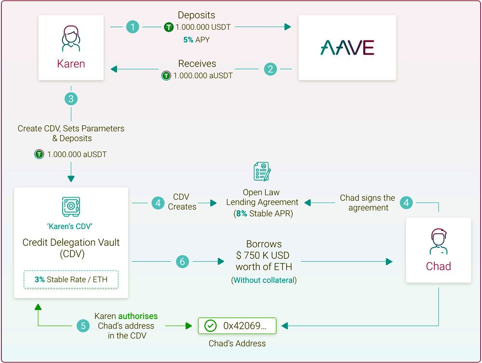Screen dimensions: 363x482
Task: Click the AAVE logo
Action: (x=347, y=48)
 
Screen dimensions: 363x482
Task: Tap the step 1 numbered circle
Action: (x=133, y=27)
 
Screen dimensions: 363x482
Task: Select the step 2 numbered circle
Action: (x=270, y=69)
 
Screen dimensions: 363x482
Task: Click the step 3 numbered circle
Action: (x=71, y=99)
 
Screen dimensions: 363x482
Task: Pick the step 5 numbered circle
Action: (x=83, y=326)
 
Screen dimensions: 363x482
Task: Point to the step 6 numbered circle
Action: (x=182, y=262)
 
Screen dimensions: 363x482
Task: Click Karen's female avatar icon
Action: (x=71, y=38)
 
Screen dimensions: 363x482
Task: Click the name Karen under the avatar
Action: (x=71, y=64)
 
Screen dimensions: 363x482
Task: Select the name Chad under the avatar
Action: (x=438, y=266)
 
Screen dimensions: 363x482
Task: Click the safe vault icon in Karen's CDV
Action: (x=71, y=206)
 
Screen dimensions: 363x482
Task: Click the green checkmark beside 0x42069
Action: (x=211, y=326)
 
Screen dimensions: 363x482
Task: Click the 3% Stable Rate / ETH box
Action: (x=71, y=279)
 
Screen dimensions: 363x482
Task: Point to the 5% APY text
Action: (x=196, y=40)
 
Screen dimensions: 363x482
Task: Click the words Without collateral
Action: (x=264, y=280)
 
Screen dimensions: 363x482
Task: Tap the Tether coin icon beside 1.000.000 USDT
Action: (x=168, y=27)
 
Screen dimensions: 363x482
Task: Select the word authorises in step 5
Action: (x=138, y=316)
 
